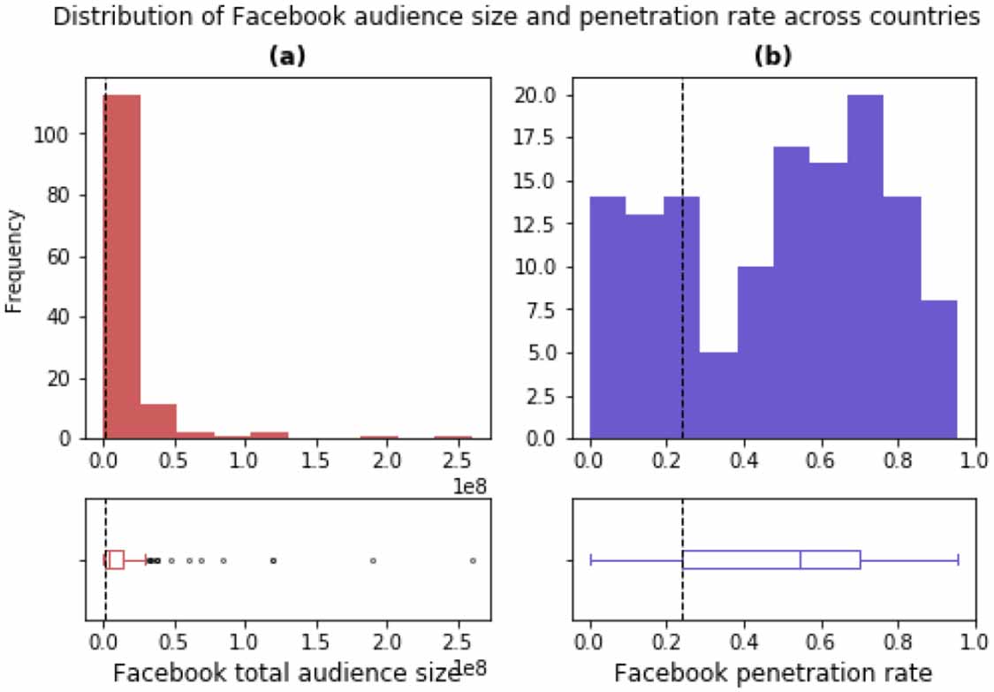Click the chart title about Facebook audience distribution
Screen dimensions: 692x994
[518, 18]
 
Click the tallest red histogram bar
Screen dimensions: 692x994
[122, 265]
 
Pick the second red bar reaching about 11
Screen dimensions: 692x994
[158, 421]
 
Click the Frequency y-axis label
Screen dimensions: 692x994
[13, 261]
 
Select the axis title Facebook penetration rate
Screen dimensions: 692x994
[773, 673]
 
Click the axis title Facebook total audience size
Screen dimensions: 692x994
[281, 673]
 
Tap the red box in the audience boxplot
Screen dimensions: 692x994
[114, 560]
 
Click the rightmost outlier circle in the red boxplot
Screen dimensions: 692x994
[473, 560]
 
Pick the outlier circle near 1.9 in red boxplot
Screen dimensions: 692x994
[373, 560]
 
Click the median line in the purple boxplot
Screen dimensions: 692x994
[801, 560]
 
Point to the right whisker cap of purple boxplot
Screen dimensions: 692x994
[958, 560]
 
